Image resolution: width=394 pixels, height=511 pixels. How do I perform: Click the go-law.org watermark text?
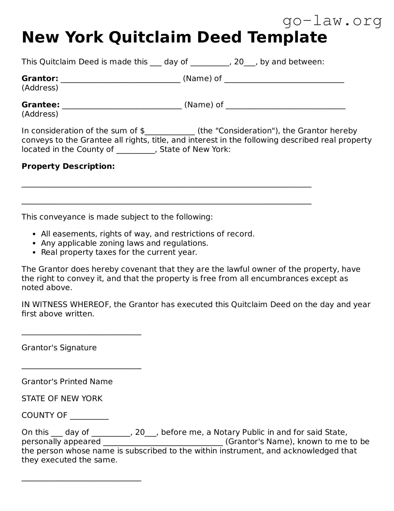(x=332, y=21)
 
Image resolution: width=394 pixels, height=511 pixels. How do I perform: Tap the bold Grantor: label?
(x=40, y=79)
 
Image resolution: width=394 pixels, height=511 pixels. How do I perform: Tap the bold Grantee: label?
(x=41, y=105)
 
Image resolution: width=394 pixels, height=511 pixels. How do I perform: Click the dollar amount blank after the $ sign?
(x=170, y=133)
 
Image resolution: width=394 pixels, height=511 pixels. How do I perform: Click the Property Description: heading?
(x=68, y=166)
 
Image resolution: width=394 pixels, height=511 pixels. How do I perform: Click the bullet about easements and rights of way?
(x=147, y=234)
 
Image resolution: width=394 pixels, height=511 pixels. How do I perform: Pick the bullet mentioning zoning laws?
(x=124, y=243)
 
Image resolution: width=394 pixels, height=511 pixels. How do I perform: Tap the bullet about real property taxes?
(x=119, y=252)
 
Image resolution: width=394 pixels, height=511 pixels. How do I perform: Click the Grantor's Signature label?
(x=59, y=348)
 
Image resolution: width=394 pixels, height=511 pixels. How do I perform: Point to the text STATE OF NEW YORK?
(x=62, y=398)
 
